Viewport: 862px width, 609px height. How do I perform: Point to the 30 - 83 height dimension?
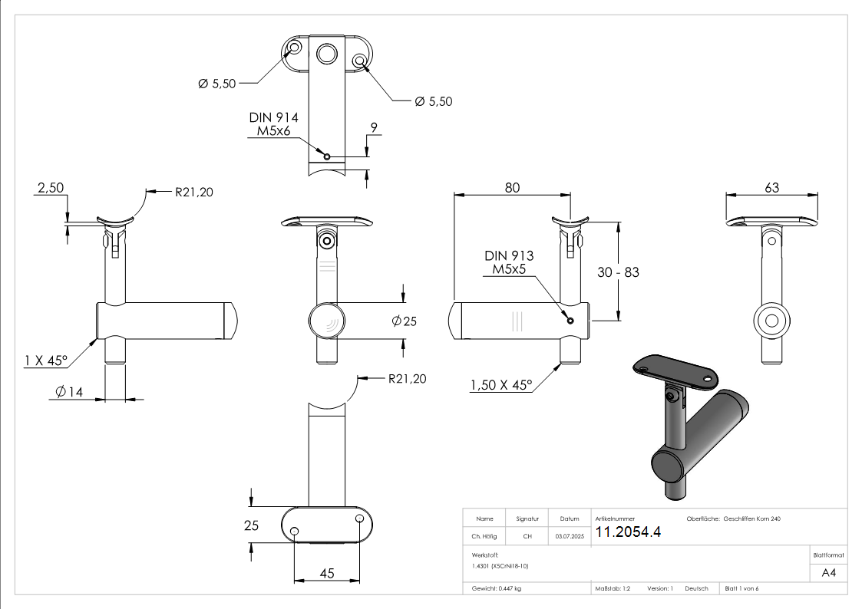coord(618,272)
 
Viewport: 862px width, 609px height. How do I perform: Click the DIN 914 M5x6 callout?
coord(273,125)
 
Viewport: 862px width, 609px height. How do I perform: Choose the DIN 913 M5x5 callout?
coord(509,262)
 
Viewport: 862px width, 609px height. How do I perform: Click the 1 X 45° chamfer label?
coord(45,360)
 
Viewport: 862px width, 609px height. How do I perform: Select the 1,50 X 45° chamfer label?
coord(501,386)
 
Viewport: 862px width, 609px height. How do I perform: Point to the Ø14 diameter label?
coord(69,393)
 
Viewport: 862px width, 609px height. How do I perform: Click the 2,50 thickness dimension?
coord(50,189)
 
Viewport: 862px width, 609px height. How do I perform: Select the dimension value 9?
coord(374,129)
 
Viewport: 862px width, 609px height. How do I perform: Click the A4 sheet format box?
coord(828,572)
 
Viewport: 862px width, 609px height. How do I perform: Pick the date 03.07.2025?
coord(569,537)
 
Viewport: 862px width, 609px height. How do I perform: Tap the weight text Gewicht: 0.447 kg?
coord(497,588)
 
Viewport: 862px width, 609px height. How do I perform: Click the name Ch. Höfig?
coord(484,537)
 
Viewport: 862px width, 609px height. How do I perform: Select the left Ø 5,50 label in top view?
coord(217,84)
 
